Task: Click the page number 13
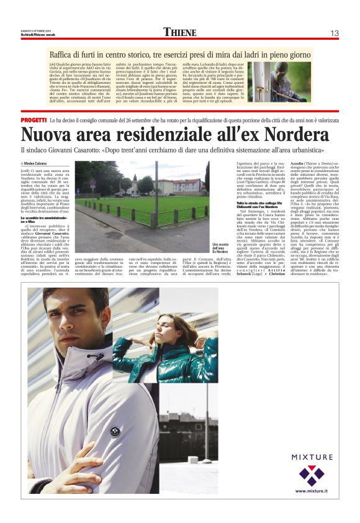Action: click(333, 32)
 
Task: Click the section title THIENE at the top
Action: click(180, 32)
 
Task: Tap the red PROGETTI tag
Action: click(34, 119)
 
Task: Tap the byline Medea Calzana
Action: click(40, 163)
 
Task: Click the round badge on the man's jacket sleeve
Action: click(114, 431)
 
